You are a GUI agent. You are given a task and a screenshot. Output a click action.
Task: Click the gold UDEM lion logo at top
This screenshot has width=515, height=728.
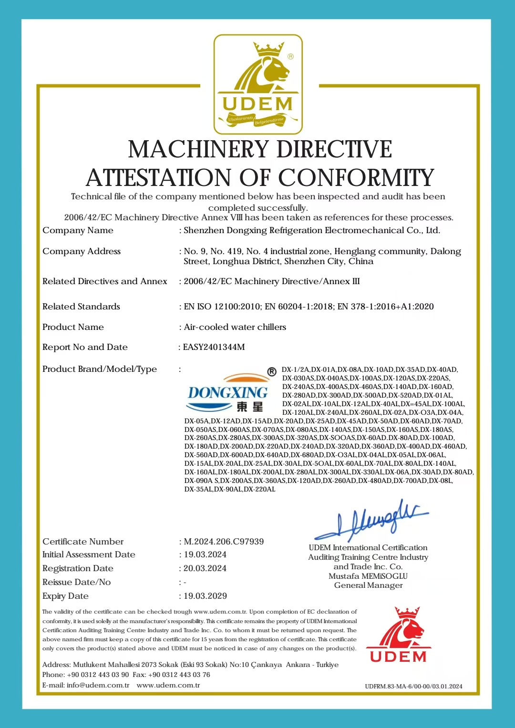click(258, 84)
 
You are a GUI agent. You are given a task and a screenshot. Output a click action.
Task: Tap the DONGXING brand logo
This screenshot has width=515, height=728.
click(228, 392)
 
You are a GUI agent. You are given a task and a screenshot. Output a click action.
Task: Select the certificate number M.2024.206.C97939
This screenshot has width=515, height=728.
click(224, 542)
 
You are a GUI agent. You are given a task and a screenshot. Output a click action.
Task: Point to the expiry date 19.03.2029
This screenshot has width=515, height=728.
click(205, 596)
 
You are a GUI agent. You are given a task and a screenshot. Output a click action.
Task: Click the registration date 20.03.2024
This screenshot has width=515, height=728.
click(205, 568)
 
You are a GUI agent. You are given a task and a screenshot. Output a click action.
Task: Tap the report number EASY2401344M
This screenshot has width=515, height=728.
click(214, 347)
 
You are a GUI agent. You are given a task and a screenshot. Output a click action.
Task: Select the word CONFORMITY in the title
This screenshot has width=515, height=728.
click(356, 178)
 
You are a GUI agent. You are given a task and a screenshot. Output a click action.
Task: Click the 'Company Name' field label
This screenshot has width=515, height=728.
click(78, 230)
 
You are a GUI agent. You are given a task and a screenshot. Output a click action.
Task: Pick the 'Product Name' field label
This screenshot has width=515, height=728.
click(73, 327)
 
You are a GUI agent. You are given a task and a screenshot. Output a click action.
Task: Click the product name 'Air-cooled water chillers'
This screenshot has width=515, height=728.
click(235, 327)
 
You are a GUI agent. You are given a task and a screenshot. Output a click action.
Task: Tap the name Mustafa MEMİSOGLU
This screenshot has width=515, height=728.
click(368, 576)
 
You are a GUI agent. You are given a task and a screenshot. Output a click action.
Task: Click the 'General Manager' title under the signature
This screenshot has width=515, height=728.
click(368, 585)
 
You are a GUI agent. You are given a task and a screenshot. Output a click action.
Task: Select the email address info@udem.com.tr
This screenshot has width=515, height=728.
click(98, 685)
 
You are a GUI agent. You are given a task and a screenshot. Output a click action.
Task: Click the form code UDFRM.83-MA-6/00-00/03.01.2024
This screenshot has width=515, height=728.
click(413, 687)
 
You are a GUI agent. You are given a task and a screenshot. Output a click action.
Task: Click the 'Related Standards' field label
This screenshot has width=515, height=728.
click(81, 307)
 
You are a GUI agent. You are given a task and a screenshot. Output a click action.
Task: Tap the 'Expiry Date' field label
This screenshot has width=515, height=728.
click(65, 596)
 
